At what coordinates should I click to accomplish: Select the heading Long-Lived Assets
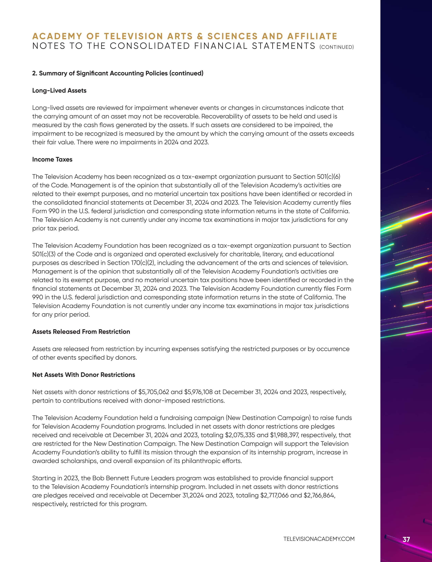(x=59, y=91)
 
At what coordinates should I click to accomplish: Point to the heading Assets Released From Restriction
(x=81, y=332)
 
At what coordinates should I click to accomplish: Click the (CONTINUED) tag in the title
(x=337, y=47)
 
